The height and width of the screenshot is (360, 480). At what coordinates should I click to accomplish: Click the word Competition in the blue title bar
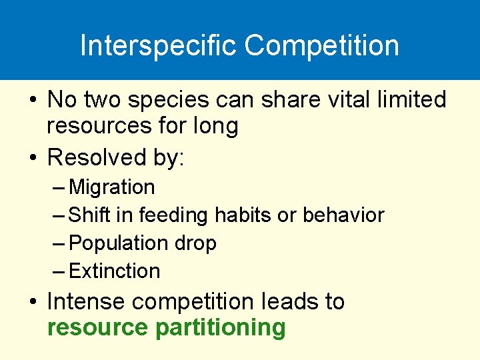pos(321,46)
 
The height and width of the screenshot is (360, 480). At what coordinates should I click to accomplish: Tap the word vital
pos(337,100)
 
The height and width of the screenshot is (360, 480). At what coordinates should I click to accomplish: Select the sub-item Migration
pos(111,187)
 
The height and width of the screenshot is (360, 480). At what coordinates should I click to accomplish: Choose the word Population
pos(117,243)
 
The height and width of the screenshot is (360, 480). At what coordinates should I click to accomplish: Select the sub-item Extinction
pos(114,271)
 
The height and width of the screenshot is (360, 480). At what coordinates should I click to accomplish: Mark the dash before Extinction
pos(58,271)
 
